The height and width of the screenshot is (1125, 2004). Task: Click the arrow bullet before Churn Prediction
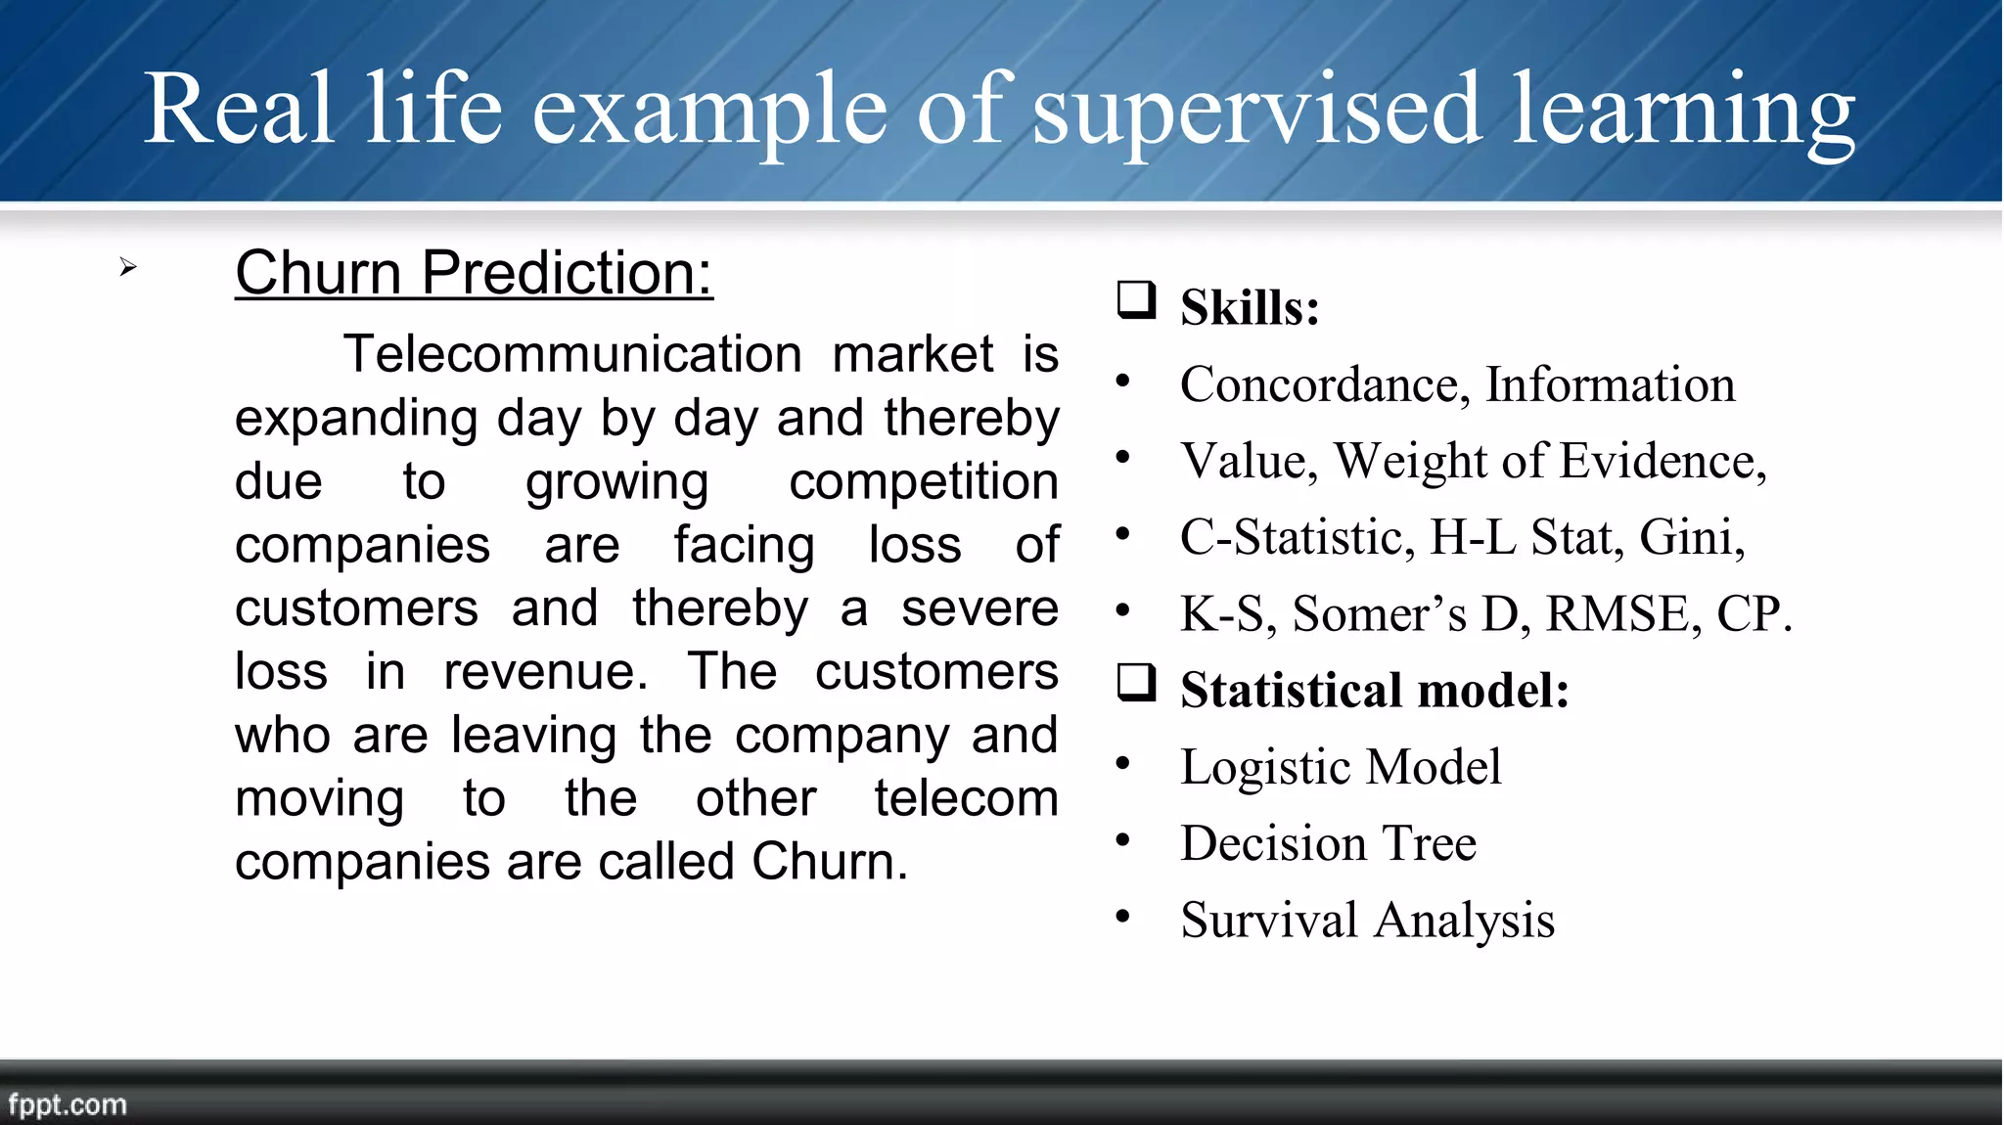[128, 267]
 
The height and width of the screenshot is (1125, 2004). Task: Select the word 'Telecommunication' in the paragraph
[572, 354]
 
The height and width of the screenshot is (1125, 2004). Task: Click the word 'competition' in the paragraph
[923, 481]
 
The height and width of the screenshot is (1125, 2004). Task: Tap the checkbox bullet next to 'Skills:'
[1136, 300]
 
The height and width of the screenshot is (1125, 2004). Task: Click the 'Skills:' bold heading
[1250, 307]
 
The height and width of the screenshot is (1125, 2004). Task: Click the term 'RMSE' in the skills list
[1617, 614]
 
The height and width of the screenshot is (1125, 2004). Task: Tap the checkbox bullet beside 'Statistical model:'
[1136, 683]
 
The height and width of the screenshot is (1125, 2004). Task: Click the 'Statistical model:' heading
[1374, 691]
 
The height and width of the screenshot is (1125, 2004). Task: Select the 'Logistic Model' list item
[1340, 767]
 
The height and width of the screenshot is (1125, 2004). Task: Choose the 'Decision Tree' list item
[1328, 843]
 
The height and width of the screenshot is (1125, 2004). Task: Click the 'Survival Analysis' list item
[1367, 921]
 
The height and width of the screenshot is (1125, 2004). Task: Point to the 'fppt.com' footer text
[68, 1104]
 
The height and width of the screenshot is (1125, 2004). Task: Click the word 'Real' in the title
[240, 110]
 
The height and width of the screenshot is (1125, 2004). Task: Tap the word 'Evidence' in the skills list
[1662, 461]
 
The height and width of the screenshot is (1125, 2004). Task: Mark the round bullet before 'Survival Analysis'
[1122, 917]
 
